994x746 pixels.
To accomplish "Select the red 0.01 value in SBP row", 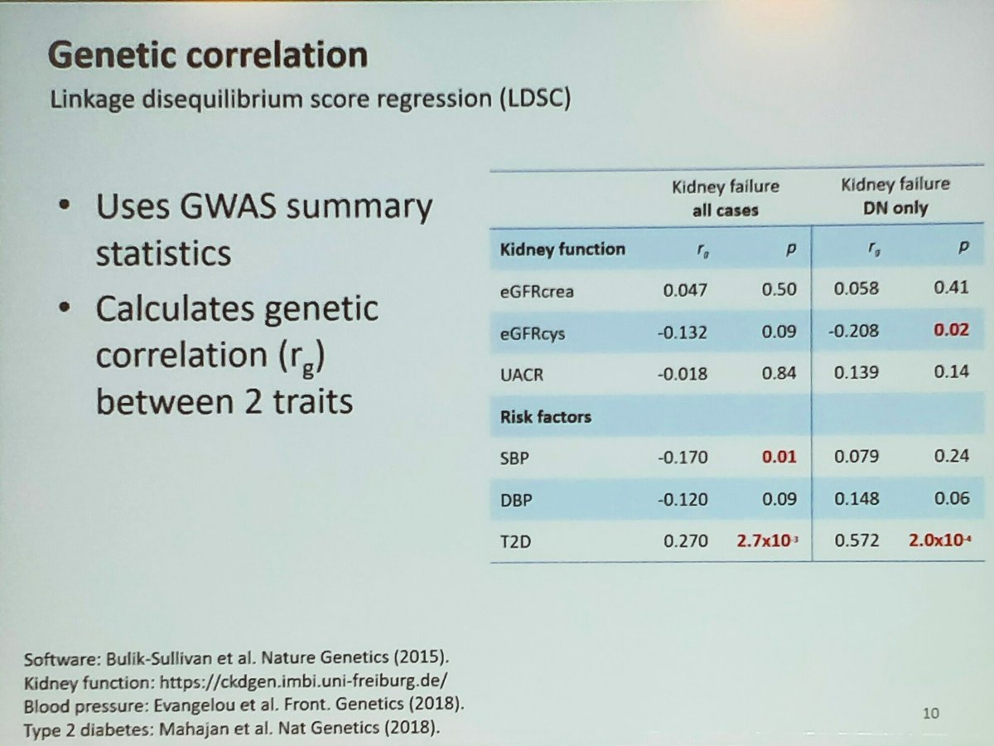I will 779,456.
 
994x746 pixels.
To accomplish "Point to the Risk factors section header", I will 545,415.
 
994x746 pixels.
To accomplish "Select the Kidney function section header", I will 562,249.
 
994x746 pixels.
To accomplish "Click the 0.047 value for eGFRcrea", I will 686,289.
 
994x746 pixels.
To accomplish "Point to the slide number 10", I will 932,712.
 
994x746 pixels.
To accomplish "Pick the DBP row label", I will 515,498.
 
